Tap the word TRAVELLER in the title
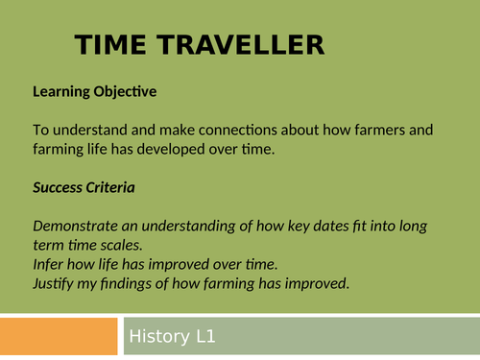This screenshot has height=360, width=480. [x=242, y=45]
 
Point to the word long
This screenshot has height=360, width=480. [x=436, y=227]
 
